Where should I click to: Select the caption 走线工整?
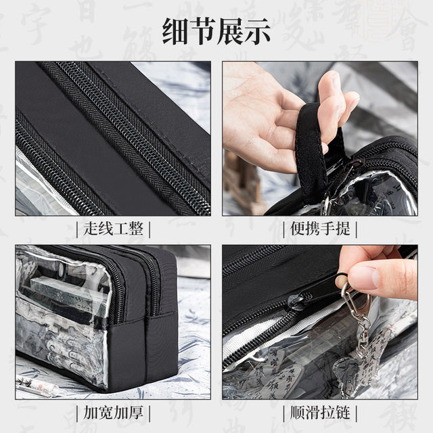(112, 229)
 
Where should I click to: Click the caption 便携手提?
(320, 229)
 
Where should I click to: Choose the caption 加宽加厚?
(112, 411)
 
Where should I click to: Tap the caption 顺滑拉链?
(320, 411)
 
